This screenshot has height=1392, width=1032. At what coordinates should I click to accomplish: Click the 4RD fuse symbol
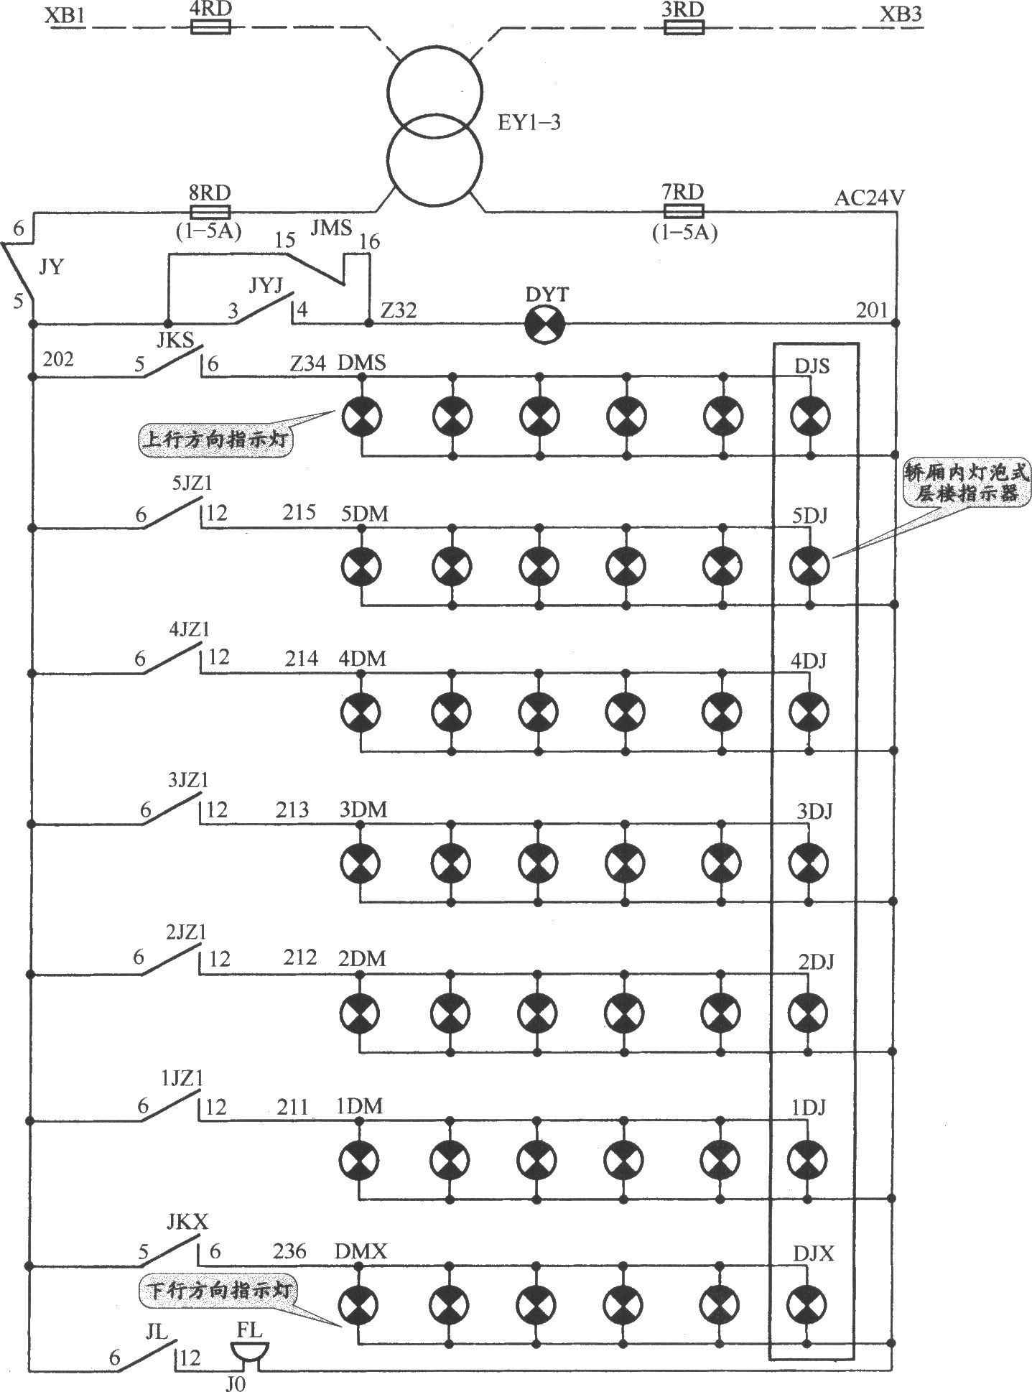tap(210, 27)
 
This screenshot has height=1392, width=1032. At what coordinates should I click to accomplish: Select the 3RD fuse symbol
tap(684, 27)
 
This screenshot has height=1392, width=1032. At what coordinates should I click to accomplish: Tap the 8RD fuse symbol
tap(210, 211)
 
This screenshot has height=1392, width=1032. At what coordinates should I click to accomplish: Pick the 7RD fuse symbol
tap(684, 211)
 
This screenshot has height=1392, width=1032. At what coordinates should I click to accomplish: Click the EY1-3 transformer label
tap(529, 123)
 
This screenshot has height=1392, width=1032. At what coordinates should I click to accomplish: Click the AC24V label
tap(870, 198)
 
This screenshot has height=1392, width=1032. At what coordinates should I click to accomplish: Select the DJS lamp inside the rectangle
tap(810, 415)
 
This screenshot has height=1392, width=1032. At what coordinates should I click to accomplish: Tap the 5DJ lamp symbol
tap(809, 566)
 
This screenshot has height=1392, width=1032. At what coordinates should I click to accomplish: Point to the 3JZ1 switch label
tap(188, 781)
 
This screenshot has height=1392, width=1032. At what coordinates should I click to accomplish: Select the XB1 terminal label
tap(63, 14)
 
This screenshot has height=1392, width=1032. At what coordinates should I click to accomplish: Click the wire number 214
tap(300, 659)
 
